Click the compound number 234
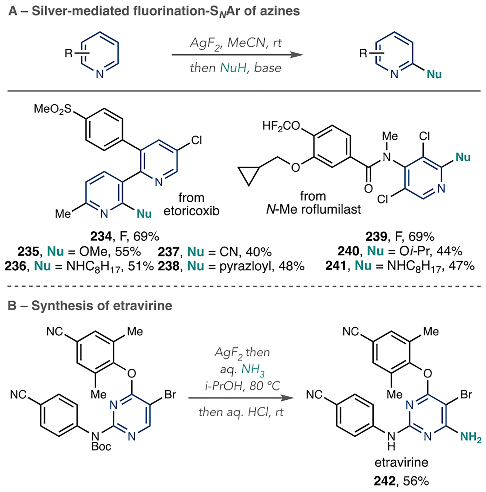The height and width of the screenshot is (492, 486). click(101, 236)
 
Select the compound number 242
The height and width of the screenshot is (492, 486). click(384, 481)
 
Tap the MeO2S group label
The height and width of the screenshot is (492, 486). click(53, 109)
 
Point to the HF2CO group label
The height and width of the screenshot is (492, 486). click(281, 126)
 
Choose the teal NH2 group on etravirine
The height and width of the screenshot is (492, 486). click(470, 437)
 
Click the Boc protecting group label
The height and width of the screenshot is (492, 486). click(101, 446)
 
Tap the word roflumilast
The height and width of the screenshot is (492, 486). click(331, 210)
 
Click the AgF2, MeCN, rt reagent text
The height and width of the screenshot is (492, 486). click(235, 43)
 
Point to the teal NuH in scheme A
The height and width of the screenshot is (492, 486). click(233, 68)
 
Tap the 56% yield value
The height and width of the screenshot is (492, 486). click(416, 481)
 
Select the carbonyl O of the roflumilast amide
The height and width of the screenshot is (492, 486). click(368, 189)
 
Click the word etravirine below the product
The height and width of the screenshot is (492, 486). click(401, 463)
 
